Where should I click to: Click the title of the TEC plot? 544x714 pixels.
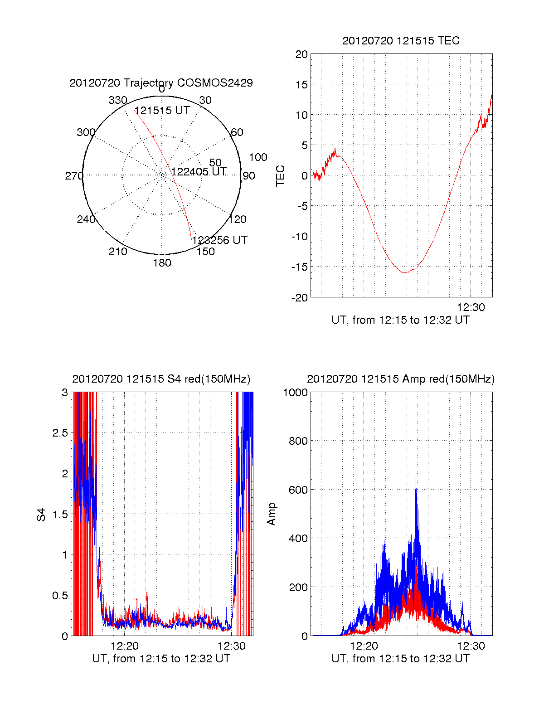[401, 41]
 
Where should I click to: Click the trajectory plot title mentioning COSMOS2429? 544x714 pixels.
[161, 83]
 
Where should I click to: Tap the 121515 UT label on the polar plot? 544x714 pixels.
[162, 111]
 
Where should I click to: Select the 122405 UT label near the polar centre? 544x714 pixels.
[199, 172]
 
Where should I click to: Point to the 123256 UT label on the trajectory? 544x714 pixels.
[220, 240]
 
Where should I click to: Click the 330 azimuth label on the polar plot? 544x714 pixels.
[117, 100]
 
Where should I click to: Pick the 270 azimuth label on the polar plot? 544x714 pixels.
[74, 176]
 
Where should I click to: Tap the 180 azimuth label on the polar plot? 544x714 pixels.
[162, 263]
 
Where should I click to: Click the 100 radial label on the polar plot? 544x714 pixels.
[258, 157]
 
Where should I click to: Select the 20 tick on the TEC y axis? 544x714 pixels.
[302, 54]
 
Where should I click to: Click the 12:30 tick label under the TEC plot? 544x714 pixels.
[471, 307]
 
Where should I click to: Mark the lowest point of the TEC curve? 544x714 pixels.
[405, 273]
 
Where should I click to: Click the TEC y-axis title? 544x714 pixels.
[281, 176]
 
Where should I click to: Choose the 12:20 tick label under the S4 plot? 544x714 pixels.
[125, 646]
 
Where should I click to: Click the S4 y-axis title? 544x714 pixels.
[41, 515]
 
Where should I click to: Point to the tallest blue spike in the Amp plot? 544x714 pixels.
[416, 478]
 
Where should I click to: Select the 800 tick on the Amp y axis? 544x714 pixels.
[298, 441]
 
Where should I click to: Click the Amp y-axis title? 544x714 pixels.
[272, 514]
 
